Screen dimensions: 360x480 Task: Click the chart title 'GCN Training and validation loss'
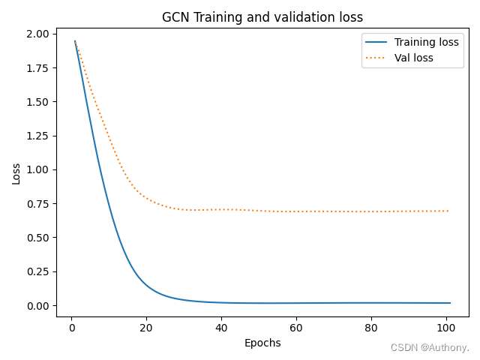pos(262,17)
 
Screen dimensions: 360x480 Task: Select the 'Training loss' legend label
pos(427,42)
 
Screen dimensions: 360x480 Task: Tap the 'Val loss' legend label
pos(415,58)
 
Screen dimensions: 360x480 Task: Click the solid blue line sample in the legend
pos(377,42)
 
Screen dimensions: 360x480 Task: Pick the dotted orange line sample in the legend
pos(377,58)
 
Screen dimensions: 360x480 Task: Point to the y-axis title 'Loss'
pos(16,173)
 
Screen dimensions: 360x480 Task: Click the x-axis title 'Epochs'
pos(262,343)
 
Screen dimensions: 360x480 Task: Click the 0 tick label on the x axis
pos(71,327)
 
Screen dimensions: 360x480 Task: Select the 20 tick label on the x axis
pos(146,327)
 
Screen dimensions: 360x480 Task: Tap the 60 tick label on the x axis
pos(296,327)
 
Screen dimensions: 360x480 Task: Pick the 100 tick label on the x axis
pos(446,327)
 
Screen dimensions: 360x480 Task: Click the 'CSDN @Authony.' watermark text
pos(430,348)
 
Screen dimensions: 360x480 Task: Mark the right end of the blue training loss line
pos(450,303)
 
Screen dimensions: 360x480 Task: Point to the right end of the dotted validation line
pos(449,211)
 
